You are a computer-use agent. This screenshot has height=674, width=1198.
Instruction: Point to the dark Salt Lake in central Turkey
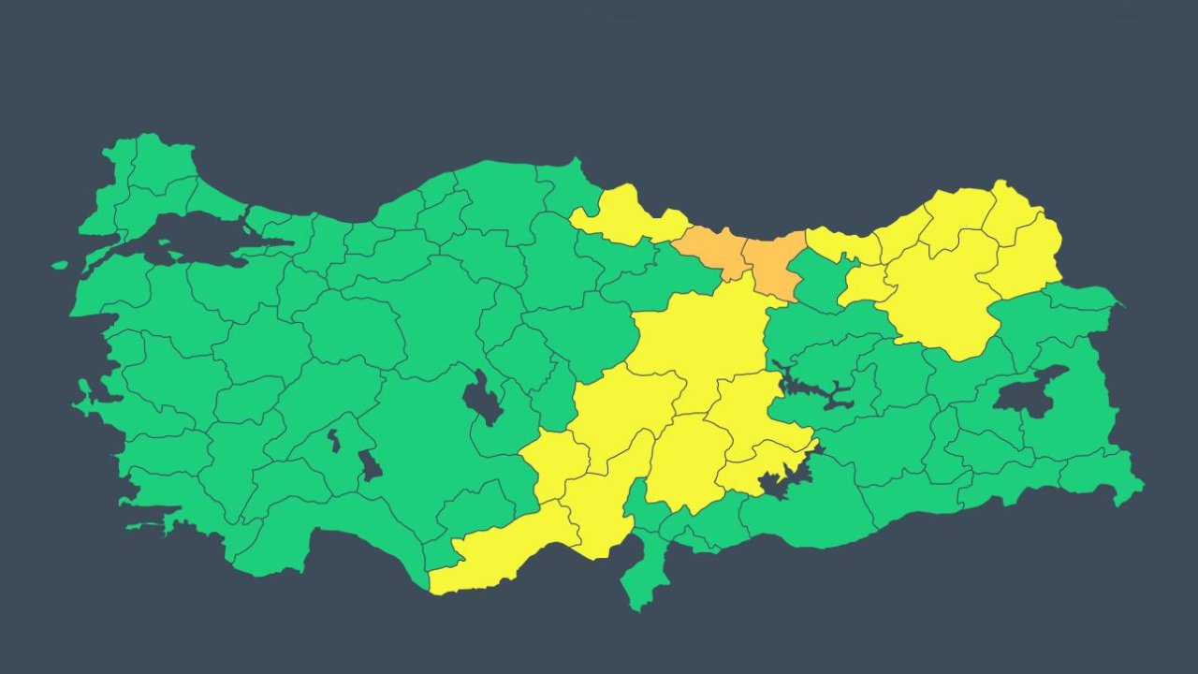tap(481, 397)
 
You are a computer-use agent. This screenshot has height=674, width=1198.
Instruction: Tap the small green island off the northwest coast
tap(60, 265)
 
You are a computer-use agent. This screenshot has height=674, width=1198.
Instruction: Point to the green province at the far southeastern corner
tap(1104, 477)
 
